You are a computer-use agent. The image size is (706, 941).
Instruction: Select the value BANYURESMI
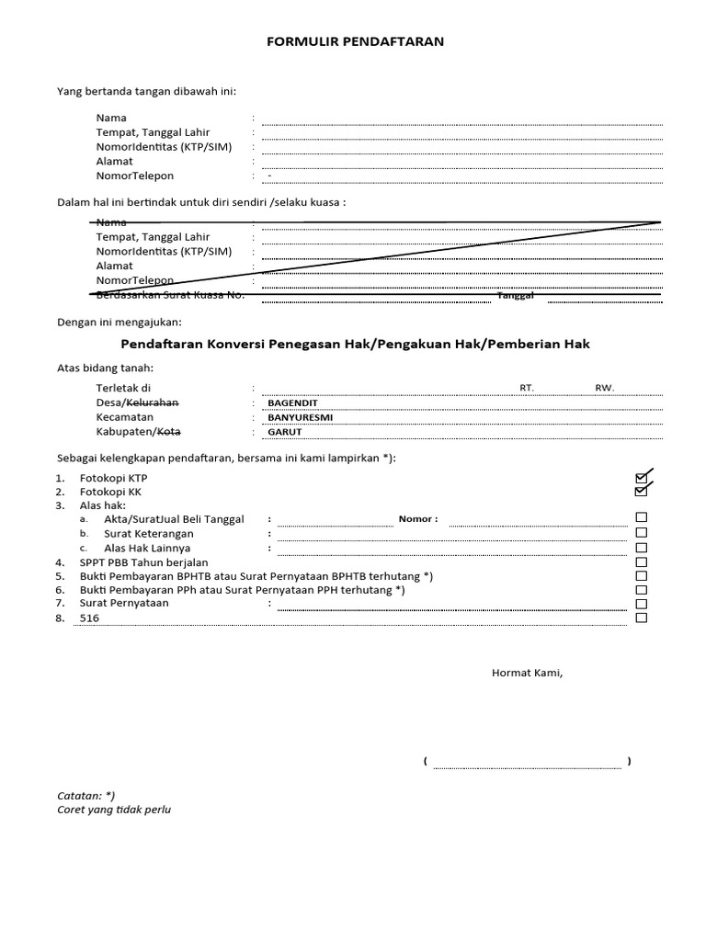pyautogui.click(x=300, y=417)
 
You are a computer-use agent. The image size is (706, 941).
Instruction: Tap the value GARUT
pyautogui.click(x=284, y=432)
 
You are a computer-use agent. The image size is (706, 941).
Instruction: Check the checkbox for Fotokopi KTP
pyautogui.click(x=641, y=478)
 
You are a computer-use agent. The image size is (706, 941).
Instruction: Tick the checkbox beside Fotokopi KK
pyautogui.click(x=641, y=493)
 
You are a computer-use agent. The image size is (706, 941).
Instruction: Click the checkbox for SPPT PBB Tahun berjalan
pyautogui.click(x=642, y=561)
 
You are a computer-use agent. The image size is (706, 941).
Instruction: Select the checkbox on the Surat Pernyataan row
pyautogui.click(x=642, y=604)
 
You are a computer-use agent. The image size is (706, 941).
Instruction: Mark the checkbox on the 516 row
pyautogui.click(x=642, y=618)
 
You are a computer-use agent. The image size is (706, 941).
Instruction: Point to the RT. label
pyautogui.click(x=527, y=388)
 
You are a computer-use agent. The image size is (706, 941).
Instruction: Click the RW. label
pyautogui.click(x=604, y=388)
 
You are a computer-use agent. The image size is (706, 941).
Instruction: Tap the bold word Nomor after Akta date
pyautogui.click(x=418, y=519)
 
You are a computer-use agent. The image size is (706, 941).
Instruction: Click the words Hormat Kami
pyautogui.click(x=527, y=673)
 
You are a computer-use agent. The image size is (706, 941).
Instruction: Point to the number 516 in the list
pyautogui.click(x=89, y=618)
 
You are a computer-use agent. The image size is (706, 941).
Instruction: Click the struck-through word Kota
pyautogui.click(x=168, y=432)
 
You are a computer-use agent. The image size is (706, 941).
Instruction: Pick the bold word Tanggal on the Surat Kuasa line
pyautogui.click(x=516, y=296)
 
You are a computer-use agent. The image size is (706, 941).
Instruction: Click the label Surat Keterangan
pyautogui.click(x=148, y=534)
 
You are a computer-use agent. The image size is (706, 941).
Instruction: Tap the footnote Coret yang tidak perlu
pyautogui.click(x=114, y=810)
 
